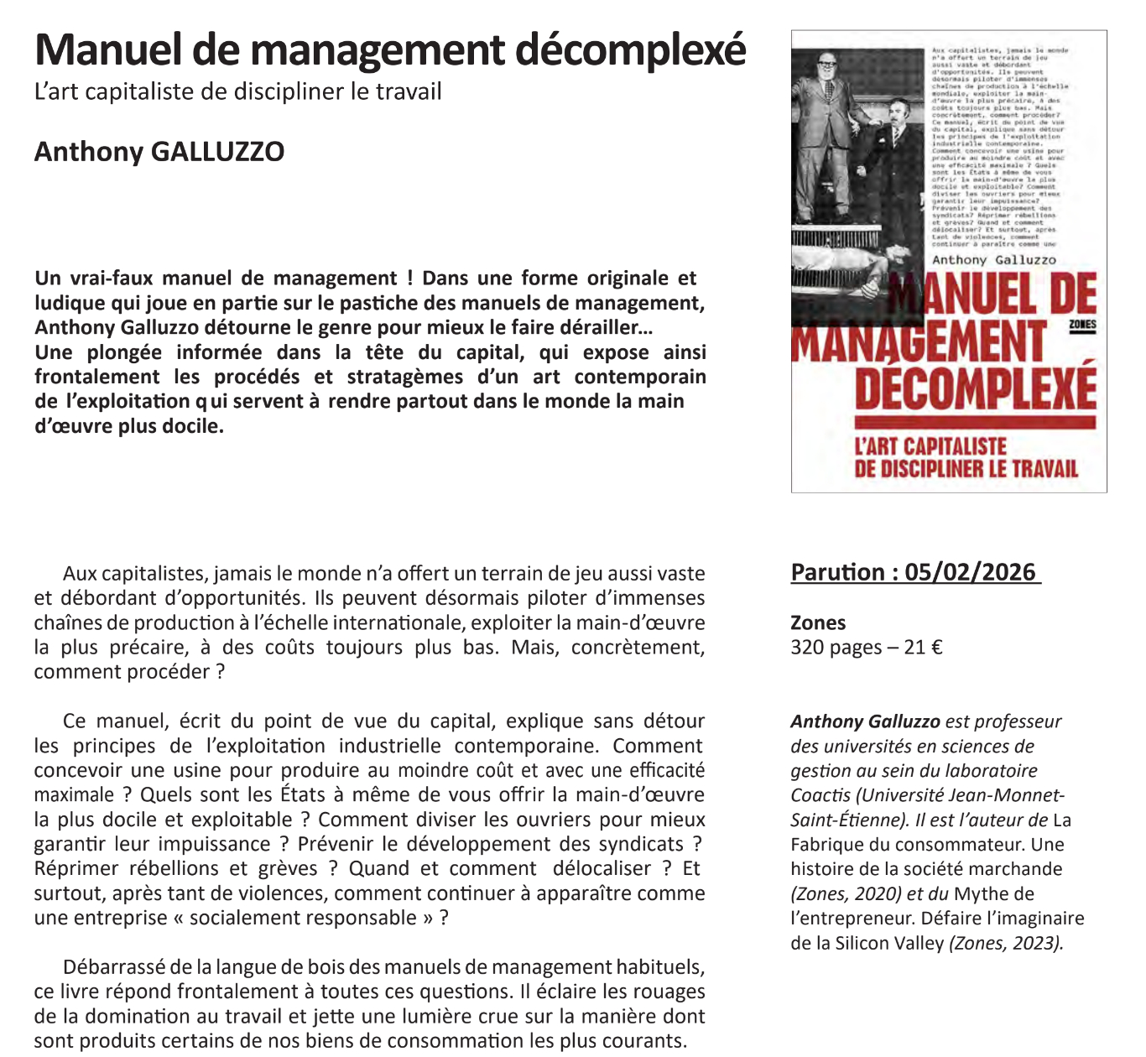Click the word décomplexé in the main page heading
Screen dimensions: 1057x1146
click(x=630, y=50)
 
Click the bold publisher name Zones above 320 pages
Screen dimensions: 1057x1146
click(x=818, y=622)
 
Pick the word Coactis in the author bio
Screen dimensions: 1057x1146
click(x=820, y=795)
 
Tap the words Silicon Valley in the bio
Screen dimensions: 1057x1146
click(x=889, y=943)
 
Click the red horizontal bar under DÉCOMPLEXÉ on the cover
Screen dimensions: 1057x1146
click(x=975, y=422)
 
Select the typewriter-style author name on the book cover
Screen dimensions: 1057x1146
click(x=994, y=260)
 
